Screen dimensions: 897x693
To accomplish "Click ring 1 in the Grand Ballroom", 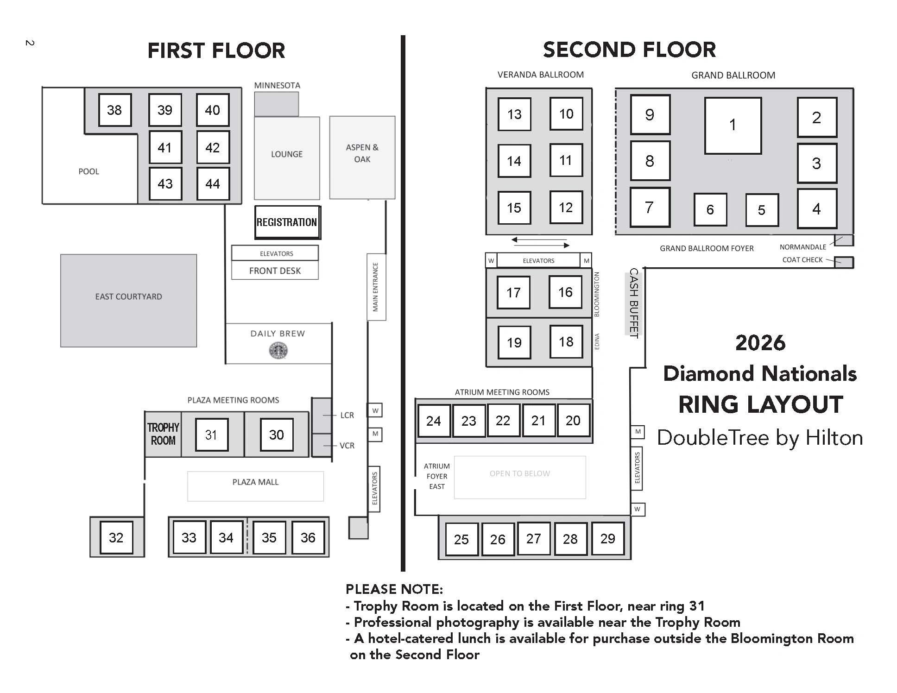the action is point(733,126).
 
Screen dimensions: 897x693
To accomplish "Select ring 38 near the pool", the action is point(115,110).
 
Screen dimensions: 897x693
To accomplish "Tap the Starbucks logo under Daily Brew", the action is point(278,350).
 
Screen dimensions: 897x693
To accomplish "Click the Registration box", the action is point(287,222).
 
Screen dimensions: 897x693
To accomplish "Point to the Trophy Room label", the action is point(163,434).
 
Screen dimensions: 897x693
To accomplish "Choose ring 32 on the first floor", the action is point(116,537).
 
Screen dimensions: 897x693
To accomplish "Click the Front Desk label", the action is point(275,271).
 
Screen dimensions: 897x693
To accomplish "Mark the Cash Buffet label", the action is point(633,303).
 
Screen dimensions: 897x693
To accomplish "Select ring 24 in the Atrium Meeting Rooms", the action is point(434,421).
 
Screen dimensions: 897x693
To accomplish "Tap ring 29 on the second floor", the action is point(608,539).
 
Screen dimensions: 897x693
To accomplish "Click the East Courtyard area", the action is point(128,301).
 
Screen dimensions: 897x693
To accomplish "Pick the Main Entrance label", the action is point(376,287).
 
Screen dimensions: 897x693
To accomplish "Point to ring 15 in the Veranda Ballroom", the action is point(514,208).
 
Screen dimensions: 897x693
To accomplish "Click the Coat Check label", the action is point(802,260).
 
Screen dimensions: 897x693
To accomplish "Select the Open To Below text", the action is point(520,473).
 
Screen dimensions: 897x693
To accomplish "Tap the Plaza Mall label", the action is point(255,482).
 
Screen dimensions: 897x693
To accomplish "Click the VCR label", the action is point(347,446).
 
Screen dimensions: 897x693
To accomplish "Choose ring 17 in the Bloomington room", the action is point(513,292).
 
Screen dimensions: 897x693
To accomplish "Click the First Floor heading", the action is point(216,50).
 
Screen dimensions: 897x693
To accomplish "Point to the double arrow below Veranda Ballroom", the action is point(540,242).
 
